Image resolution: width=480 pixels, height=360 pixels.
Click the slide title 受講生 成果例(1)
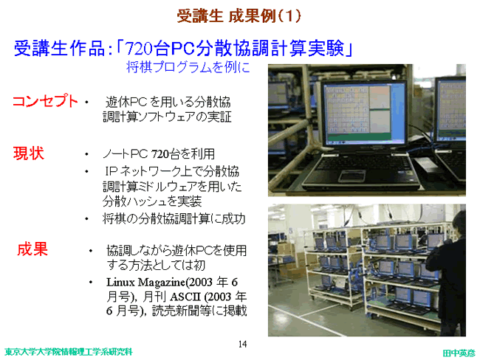239,16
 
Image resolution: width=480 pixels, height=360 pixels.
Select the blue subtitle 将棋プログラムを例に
188,67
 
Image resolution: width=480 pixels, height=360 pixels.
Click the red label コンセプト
45,101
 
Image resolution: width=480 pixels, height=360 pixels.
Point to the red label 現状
29,153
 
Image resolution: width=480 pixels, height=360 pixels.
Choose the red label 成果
32,249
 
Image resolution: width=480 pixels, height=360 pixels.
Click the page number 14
242,344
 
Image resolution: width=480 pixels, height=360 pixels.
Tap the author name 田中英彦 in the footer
459,353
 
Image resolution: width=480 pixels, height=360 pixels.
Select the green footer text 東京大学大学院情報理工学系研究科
69,352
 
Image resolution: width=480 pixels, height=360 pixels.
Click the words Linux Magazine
145,282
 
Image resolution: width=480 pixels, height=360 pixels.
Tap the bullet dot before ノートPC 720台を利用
86,154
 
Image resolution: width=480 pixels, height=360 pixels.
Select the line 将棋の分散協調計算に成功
174,218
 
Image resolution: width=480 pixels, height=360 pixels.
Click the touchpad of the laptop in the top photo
352,176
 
